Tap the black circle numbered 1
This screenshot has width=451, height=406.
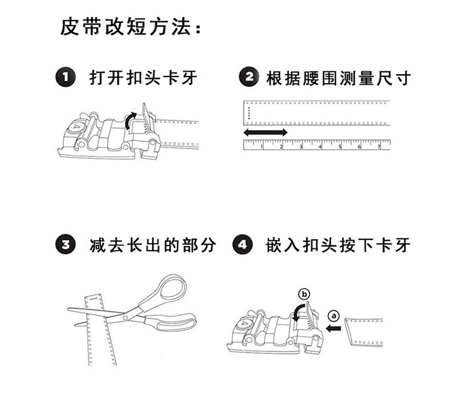[66, 78]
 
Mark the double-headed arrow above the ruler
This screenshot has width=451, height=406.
[265, 132]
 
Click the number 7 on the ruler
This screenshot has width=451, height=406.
[379, 146]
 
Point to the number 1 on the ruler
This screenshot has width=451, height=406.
[262, 146]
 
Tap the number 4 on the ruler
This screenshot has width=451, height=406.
[321, 146]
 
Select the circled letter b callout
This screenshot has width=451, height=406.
[304, 294]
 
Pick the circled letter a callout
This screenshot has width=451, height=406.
[335, 315]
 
